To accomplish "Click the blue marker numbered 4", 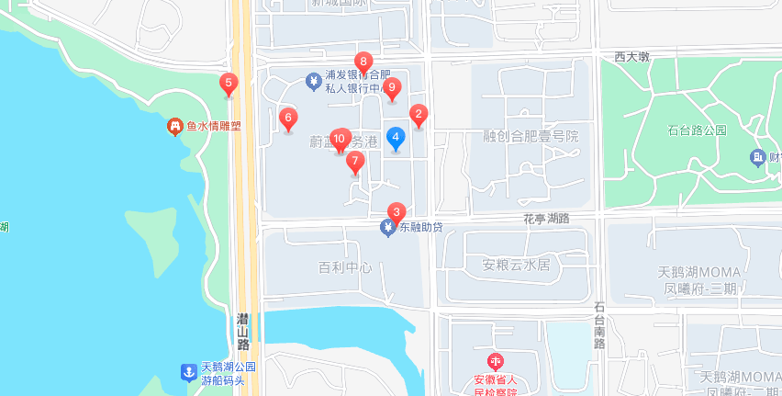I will click(x=396, y=139).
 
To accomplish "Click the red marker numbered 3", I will click(x=397, y=211).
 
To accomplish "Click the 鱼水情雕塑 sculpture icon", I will click(x=174, y=127).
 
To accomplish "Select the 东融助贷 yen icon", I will click(x=388, y=227).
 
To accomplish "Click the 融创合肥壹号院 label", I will click(x=531, y=136).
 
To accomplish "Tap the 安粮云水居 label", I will click(x=515, y=266).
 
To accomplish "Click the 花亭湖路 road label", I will click(x=546, y=219).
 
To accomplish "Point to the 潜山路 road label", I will click(x=243, y=331).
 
